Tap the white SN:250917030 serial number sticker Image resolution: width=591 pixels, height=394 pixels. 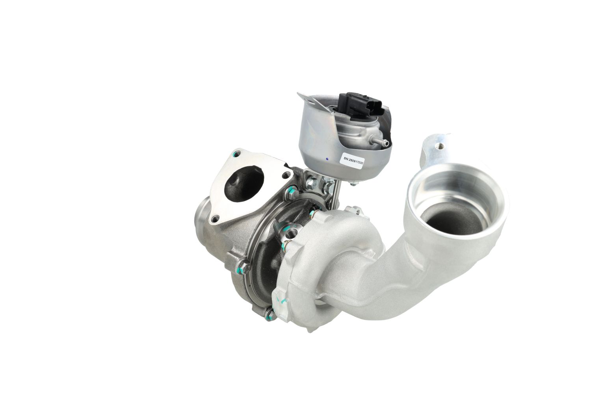[x=353, y=160]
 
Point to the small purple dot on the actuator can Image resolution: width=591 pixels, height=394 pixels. [x=327, y=159]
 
